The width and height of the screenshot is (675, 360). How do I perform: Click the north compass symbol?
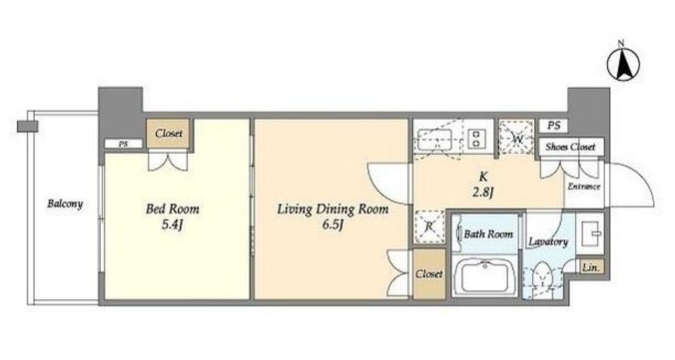click(x=623, y=65)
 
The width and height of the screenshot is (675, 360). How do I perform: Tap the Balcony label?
click(x=65, y=203)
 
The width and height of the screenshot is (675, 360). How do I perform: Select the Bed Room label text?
click(x=173, y=210)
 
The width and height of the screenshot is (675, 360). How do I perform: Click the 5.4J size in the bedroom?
click(x=173, y=225)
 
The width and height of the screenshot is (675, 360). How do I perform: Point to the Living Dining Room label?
click(x=332, y=210)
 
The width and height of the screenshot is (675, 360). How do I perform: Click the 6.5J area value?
click(x=332, y=225)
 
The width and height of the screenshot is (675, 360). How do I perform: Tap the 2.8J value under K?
click(x=482, y=192)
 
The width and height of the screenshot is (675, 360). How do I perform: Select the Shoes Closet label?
click(x=570, y=147)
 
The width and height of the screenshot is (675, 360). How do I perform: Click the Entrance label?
click(x=584, y=187)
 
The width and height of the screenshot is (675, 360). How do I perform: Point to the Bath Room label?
click(x=489, y=234)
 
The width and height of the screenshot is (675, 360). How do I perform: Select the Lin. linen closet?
click(x=591, y=267)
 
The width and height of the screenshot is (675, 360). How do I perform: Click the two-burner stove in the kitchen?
click(x=476, y=137)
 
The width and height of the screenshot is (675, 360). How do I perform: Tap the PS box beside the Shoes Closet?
click(x=554, y=126)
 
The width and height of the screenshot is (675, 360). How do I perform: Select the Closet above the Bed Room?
click(x=169, y=134)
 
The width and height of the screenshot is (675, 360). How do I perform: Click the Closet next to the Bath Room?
click(x=429, y=274)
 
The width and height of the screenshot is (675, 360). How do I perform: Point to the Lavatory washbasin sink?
click(x=591, y=233)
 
